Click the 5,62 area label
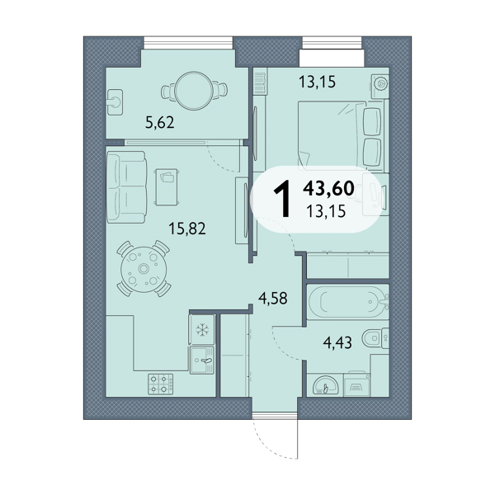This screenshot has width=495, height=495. point(160,122)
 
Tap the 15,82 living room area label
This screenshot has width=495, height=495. point(187,229)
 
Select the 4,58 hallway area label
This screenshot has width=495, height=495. point(273,298)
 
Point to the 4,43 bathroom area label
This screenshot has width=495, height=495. point(337,342)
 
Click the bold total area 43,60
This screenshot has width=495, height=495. point(328,188)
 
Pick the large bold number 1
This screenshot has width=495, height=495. point(282,199)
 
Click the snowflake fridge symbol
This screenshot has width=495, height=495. point(202,330)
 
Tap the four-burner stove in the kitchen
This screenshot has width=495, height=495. point(161,384)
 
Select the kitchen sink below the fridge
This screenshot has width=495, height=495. point(202,361)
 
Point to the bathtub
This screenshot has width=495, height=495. point(348,301)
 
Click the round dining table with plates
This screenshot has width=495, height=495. point(144,269)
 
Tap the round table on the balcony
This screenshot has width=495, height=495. point(194,91)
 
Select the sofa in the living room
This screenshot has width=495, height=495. point(126,187)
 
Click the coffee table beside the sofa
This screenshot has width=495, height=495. point(167,187)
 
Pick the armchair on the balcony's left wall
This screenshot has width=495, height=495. point(115,102)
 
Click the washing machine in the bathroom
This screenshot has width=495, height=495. point(357,384)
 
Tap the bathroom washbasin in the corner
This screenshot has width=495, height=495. point(325,384)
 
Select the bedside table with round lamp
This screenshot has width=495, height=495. point(380,83)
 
